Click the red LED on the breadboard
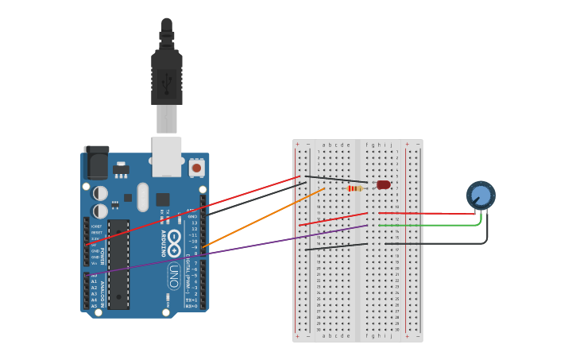click(x=384, y=184)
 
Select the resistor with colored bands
click(x=355, y=188)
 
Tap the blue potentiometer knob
click(x=481, y=195)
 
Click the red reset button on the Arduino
click(x=196, y=168)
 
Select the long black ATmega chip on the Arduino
click(x=118, y=264)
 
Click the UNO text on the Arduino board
click(x=173, y=275)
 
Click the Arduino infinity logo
click(x=173, y=243)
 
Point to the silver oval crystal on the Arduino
click(x=142, y=196)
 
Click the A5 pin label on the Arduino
click(x=94, y=306)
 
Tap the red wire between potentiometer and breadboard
click(x=429, y=213)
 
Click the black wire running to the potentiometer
click(x=445, y=243)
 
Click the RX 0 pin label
click(x=191, y=306)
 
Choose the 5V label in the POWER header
click(x=95, y=245)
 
